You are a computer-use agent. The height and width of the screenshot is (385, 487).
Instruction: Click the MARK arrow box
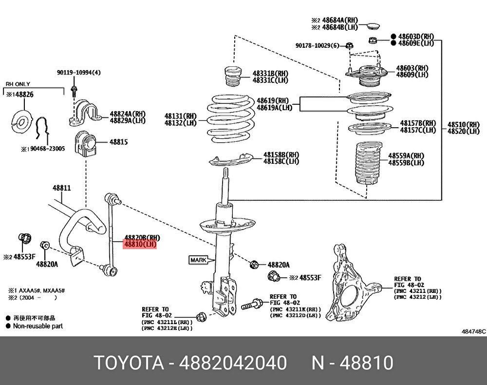[x=198, y=260]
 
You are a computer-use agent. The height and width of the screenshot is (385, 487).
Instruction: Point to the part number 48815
[x=118, y=142]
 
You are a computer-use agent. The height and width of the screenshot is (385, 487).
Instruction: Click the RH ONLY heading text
[x=18, y=84]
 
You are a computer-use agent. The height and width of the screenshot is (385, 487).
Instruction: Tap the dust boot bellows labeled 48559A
[x=368, y=163]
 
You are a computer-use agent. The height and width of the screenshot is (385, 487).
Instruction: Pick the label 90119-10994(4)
[x=78, y=73]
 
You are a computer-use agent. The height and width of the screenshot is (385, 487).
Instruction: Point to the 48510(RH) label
[x=464, y=124]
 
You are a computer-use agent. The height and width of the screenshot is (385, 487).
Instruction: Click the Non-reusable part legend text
[x=37, y=326]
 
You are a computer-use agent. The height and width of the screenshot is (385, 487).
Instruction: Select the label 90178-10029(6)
[x=317, y=45]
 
